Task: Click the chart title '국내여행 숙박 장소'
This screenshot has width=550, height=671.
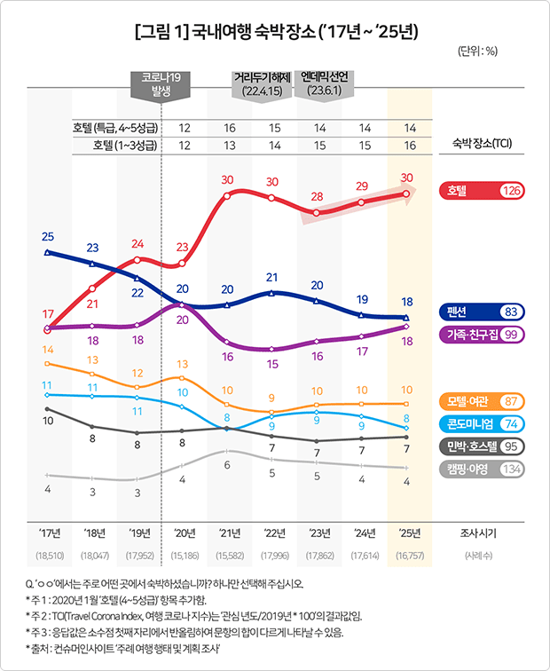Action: (275, 33)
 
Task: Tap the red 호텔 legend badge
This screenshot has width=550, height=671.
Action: (482, 190)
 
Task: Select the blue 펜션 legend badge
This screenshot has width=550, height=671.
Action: (482, 312)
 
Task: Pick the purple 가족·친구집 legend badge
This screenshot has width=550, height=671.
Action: (482, 334)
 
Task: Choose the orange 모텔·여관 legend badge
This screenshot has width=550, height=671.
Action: (482, 401)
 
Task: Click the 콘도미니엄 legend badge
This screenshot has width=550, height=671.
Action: (482, 424)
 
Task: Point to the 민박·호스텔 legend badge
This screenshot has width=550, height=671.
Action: (482, 447)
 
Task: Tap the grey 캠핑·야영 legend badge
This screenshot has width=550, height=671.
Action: (482, 470)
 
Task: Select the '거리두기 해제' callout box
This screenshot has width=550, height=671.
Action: (262, 83)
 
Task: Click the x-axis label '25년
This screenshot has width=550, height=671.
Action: (405, 533)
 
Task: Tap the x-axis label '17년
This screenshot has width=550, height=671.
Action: (49, 533)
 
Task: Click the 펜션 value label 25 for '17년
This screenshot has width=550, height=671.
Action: (48, 236)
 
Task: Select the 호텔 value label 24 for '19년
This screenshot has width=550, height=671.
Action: (137, 243)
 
